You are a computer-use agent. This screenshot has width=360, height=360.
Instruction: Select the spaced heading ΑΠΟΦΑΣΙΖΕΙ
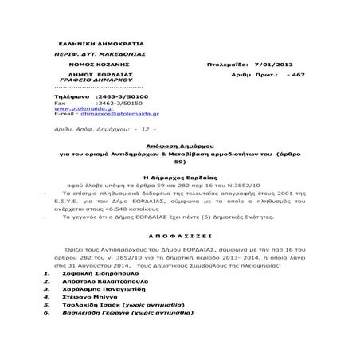[181, 260]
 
